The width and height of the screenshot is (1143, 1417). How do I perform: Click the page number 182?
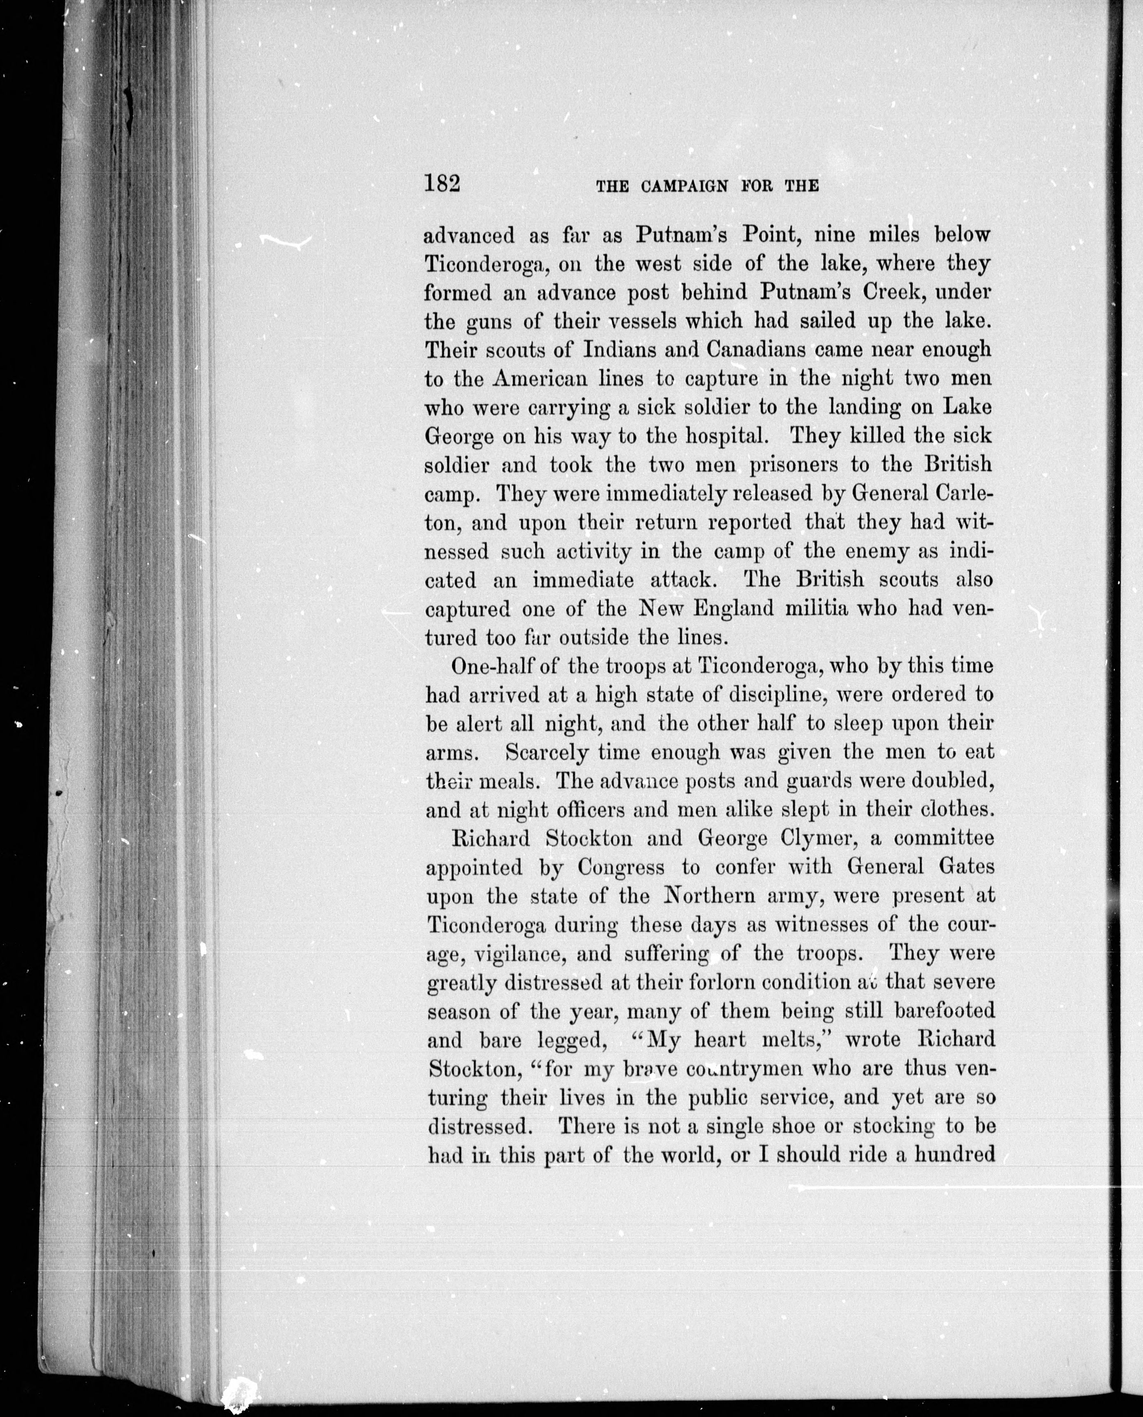[442, 182]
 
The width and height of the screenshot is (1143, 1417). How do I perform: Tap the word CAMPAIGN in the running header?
[684, 186]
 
